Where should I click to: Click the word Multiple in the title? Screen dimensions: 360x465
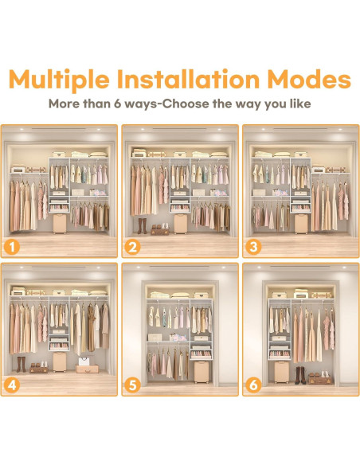pos(59,79)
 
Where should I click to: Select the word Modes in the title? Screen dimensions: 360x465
pos(309,79)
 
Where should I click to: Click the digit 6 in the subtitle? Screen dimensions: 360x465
pos(118,104)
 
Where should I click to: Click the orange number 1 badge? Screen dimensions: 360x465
pos(12,247)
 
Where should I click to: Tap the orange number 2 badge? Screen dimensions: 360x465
pos(132,247)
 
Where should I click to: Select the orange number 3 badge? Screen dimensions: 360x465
pos(253,247)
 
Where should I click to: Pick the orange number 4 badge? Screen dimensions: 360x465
pos(12,385)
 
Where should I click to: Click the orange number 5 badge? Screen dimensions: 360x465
pos(132,385)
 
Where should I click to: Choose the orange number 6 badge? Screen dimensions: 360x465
pos(253,385)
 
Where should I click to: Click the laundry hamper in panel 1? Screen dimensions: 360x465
pos(60,224)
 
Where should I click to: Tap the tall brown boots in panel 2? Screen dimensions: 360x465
pos(142,226)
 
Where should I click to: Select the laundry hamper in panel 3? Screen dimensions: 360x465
pos(301,224)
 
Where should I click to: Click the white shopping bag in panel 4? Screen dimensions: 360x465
pos(84,361)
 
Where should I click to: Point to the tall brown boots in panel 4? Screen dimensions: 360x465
pos(21,364)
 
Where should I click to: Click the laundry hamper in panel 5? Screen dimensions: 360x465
pos(202,372)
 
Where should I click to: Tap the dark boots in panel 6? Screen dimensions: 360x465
pos(300,376)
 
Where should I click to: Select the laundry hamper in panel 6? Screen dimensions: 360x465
pos(281,372)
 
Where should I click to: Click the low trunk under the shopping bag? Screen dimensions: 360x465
pos(87,369)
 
